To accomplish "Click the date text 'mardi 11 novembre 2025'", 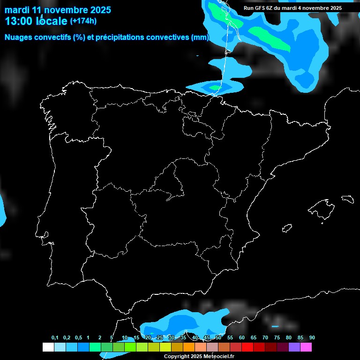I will point(58,9).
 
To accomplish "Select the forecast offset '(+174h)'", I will point(83,21).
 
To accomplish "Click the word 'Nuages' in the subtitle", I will point(19,37).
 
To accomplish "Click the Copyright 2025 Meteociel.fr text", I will point(199,357).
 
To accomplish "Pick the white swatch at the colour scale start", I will point(48,347).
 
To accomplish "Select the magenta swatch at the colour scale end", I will point(306,347).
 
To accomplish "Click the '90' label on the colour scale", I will point(312,338).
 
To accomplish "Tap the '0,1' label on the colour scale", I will point(55,338).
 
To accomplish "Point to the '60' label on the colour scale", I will point(242,338).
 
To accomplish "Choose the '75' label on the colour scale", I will point(277,338).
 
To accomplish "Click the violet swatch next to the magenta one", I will point(294,347).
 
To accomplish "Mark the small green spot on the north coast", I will point(215,87).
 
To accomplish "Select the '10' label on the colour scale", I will point(125,338).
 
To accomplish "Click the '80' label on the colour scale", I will point(289,338).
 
